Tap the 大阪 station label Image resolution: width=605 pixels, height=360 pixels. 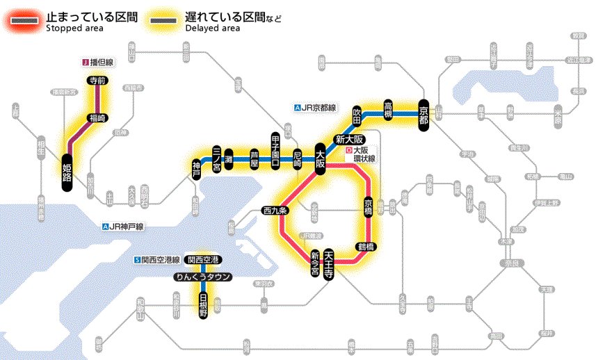320,158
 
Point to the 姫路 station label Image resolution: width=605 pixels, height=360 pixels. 67,172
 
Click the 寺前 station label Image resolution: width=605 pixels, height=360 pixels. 96,81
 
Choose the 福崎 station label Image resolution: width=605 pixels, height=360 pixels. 96,117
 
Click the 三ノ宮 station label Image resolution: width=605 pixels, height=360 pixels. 216,158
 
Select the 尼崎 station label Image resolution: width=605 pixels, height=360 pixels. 298,158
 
